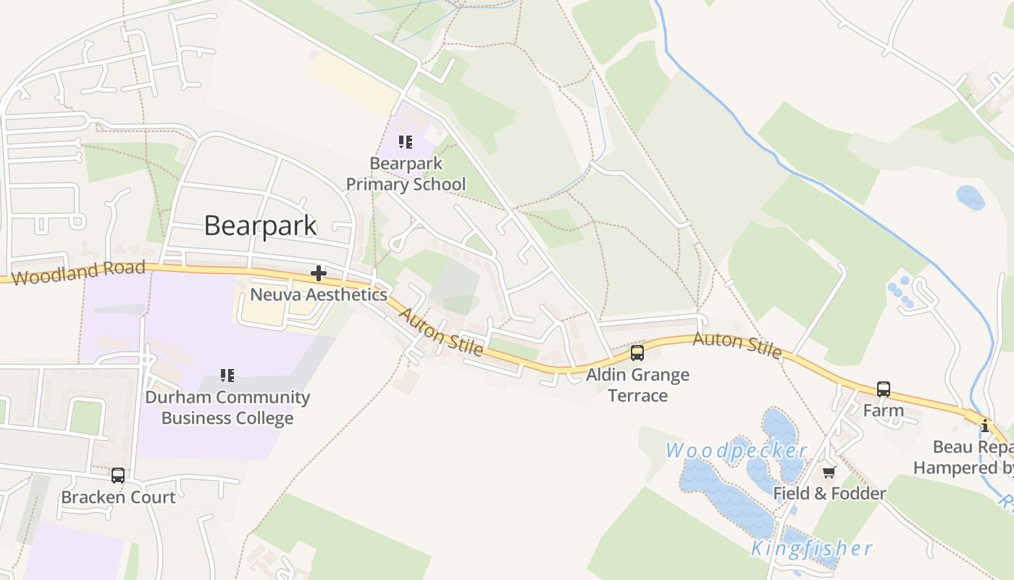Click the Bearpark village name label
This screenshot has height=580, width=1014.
260,225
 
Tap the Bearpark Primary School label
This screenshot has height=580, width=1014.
406,174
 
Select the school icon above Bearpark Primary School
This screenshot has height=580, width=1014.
406,141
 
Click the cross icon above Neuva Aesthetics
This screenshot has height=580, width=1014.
318,273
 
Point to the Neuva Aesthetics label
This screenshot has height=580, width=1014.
318,294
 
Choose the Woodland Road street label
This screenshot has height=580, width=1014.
78,273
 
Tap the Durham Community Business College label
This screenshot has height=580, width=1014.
227,407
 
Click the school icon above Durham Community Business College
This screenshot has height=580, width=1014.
227,375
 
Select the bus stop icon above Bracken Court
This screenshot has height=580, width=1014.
118,476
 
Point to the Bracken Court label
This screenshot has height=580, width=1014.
118,497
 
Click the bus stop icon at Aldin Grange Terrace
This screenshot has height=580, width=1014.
637,353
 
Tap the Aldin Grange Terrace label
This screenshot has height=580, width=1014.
637,385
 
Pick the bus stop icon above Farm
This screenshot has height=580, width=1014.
884,389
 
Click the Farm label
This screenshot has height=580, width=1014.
884,410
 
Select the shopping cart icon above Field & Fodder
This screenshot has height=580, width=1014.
829,472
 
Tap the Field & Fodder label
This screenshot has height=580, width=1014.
829,494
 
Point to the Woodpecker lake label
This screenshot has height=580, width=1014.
736,450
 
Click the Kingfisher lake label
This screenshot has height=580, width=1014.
811,549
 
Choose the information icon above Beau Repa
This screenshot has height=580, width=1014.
985,426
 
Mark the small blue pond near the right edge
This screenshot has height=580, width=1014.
970,197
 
